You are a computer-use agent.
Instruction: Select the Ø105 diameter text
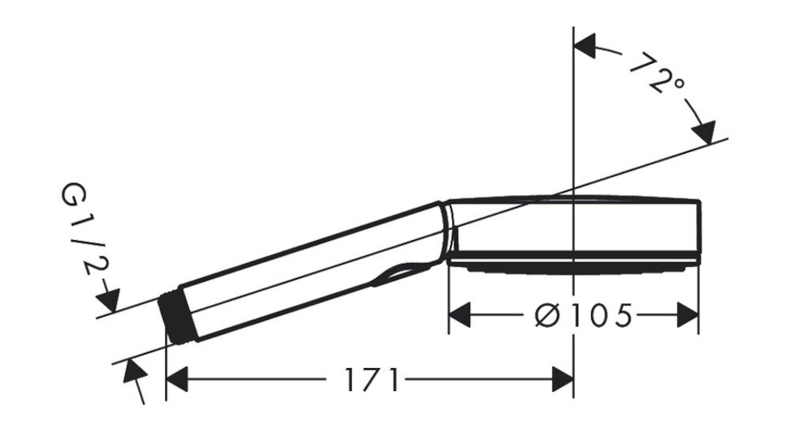pyautogui.click(x=583, y=315)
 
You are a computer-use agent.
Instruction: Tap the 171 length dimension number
pyautogui.click(x=371, y=379)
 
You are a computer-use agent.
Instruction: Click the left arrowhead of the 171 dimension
pyautogui.click(x=176, y=379)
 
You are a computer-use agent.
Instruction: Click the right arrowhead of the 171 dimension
pyautogui.click(x=563, y=379)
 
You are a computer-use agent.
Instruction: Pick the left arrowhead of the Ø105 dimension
pyautogui.click(x=460, y=315)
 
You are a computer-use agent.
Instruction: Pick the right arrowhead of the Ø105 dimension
pyautogui.click(x=687, y=315)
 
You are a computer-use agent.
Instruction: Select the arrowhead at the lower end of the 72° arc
pyautogui.click(x=705, y=132)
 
